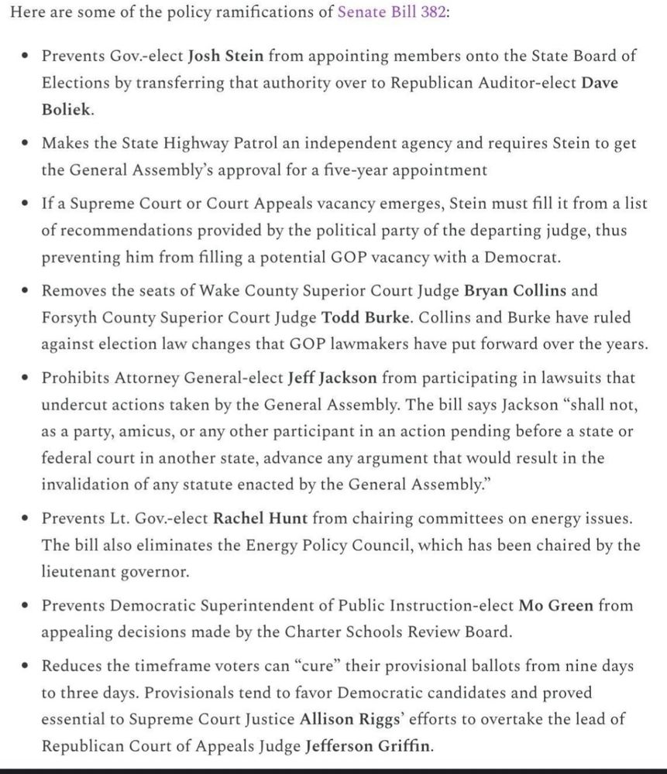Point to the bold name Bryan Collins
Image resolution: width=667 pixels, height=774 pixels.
pos(514,290)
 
